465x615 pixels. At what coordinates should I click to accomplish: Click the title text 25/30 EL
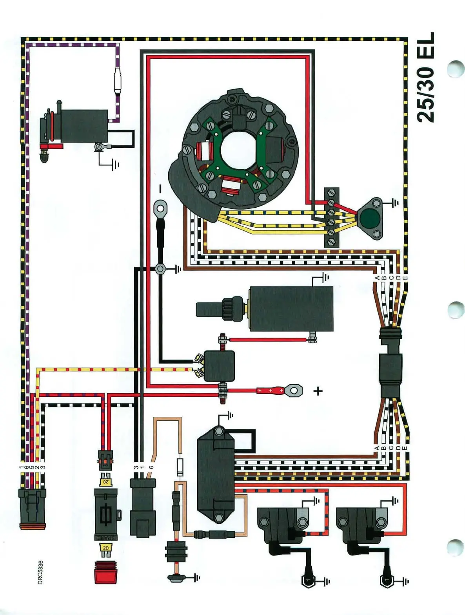coord(426,77)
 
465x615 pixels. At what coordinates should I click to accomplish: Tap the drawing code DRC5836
coord(40,572)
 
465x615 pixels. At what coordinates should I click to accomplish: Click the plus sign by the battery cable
coord(318,391)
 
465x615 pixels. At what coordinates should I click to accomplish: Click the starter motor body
coord(291,309)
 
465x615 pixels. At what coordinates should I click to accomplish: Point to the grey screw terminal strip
coord(331,217)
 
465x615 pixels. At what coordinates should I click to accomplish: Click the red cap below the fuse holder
coord(105,572)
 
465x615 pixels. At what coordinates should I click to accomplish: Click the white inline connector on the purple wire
coord(117,80)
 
